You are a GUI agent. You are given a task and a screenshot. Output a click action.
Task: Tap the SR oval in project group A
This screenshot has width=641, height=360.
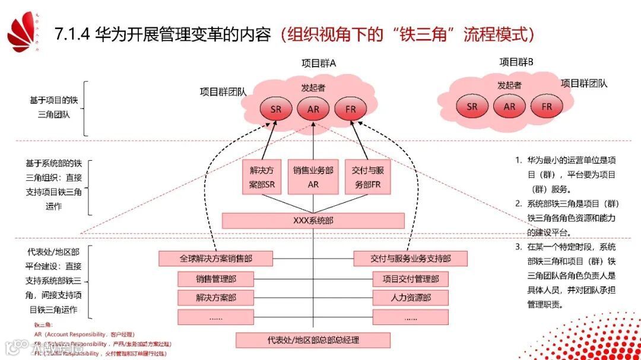276,109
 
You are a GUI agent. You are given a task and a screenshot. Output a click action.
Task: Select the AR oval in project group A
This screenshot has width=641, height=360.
313,109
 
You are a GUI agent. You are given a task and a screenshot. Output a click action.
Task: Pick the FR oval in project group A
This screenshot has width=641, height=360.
350,109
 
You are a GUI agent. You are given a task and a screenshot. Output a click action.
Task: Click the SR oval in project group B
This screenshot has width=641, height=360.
472,107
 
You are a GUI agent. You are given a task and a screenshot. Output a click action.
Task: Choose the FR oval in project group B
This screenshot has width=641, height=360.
547,107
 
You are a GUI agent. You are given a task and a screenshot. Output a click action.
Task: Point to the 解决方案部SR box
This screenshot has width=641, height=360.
262,177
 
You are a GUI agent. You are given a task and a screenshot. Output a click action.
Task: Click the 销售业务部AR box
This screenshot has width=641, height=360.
313,177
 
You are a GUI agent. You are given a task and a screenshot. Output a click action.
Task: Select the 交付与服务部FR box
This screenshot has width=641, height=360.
367,177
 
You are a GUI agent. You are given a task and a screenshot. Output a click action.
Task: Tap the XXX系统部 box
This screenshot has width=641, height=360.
313,221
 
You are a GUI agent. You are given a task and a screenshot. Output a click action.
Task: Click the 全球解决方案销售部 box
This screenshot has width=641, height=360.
215,259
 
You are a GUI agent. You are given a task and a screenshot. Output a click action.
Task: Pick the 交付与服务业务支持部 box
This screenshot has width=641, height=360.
410,259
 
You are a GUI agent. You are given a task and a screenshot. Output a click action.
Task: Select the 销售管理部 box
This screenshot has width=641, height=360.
215,279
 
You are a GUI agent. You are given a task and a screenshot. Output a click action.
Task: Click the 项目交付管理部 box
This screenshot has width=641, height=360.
410,279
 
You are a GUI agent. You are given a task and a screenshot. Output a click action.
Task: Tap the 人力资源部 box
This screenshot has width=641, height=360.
410,298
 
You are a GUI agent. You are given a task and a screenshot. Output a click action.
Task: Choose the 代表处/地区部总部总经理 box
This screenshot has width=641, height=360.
313,340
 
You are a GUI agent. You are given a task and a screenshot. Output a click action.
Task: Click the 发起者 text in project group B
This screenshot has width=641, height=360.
509,85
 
